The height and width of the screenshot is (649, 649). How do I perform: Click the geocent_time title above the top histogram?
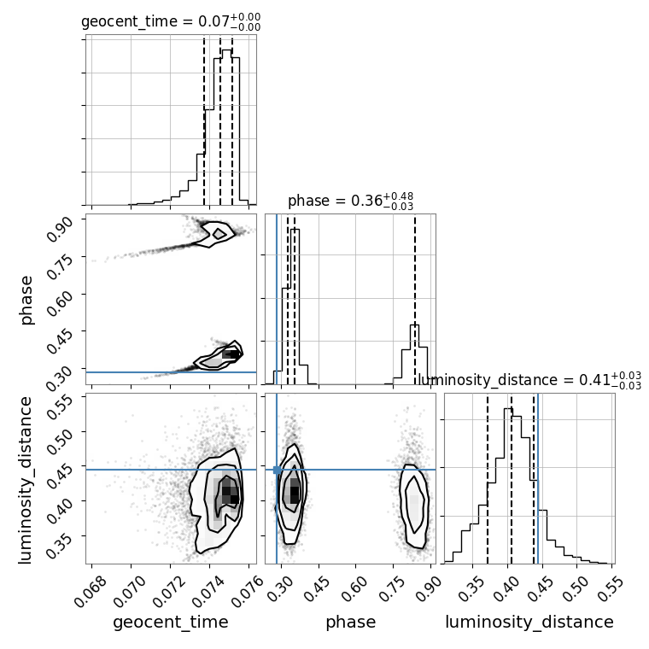click(x=171, y=21)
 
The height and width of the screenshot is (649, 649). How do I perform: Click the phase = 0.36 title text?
click(x=351, y=202)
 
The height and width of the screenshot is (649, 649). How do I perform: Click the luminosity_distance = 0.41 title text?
click(x=529, y=380)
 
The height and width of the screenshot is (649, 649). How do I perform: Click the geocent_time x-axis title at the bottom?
click(x=171, y=622)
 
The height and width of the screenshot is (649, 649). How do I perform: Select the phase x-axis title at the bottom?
click(x=351, y=622)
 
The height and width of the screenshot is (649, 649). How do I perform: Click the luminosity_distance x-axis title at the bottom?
click(x=529, y=622)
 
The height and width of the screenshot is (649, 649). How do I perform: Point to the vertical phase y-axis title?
click(x=26, y=301)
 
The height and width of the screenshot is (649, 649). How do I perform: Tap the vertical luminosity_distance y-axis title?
click(x=26, y=480)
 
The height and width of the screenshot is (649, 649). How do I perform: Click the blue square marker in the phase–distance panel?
click(x=277, y=470)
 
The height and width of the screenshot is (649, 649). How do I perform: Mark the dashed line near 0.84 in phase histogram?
click(x=415, y=299)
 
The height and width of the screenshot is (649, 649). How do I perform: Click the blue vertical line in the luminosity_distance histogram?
click(x=537, y=478)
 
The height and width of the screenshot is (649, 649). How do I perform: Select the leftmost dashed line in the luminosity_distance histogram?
click(x=488, y=478)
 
